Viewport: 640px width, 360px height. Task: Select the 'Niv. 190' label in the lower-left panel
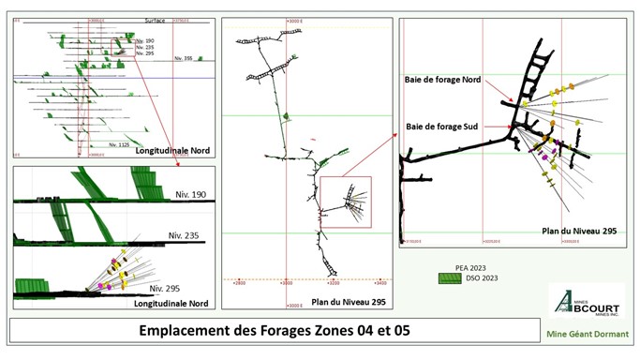point(187,194)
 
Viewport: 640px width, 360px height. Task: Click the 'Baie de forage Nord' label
point(443,80)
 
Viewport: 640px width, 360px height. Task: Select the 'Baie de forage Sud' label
point(439,125)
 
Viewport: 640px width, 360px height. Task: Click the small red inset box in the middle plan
point(346,201)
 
